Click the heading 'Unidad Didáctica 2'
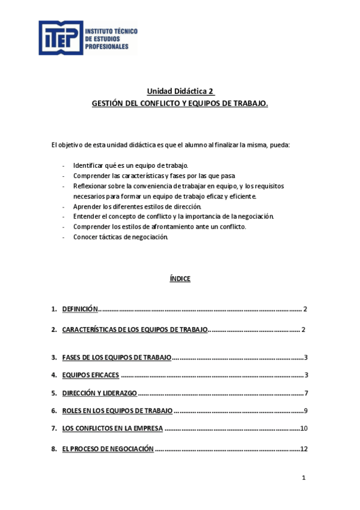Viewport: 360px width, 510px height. [x=180, y=91]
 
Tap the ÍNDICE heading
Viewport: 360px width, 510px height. [x=180, y=278]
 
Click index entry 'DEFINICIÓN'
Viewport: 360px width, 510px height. [x=79, y=309]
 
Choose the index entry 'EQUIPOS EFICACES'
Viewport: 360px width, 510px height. [x=91, y=375]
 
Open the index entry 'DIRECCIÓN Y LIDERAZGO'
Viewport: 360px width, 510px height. [x=100, y=393]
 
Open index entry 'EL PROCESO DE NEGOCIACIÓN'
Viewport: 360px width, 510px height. [x=108, y=449]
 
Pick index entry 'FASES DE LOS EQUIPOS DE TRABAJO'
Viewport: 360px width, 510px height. [x=117, y=358]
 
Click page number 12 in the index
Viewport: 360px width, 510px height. [x=304, y=449]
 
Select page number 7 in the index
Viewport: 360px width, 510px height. [x=305, y=393]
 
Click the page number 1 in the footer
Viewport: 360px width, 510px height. [x=304, y=478]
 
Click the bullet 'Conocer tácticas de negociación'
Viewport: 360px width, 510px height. [x=120, y=237]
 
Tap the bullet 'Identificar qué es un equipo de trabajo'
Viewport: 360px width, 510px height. [x=130, y=165]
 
